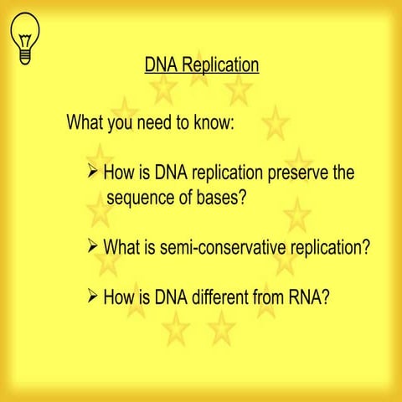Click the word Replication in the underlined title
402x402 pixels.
coord(220,64)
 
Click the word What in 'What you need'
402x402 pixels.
coord(85,123)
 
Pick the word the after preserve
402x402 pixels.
coord(343,173)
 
